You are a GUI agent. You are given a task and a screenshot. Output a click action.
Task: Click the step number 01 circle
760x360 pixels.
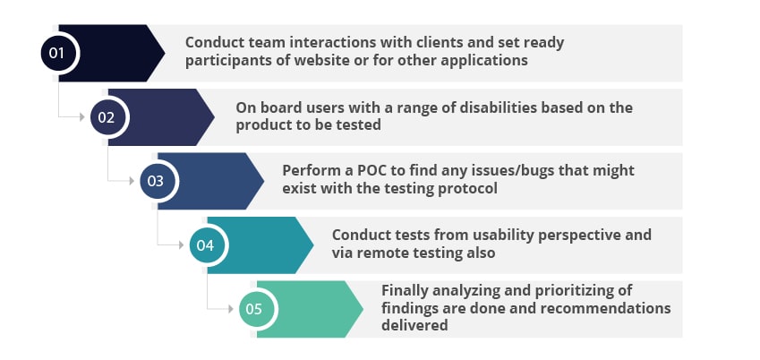(57, 53)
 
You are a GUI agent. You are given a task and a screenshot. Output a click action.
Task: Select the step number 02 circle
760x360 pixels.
(107, 116)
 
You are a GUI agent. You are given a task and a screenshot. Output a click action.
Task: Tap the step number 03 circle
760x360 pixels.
(156, 181)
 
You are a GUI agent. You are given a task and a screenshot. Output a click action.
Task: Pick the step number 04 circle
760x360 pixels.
(205, 244)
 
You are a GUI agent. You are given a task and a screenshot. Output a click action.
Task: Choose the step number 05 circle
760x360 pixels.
(254, 309)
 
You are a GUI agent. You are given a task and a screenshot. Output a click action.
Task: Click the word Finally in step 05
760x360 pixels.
(407, 290)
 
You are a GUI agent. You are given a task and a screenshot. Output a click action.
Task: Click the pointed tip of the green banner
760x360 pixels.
(363, 309)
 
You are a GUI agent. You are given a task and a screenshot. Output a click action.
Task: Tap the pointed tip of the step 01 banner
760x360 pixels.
(165, 53)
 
